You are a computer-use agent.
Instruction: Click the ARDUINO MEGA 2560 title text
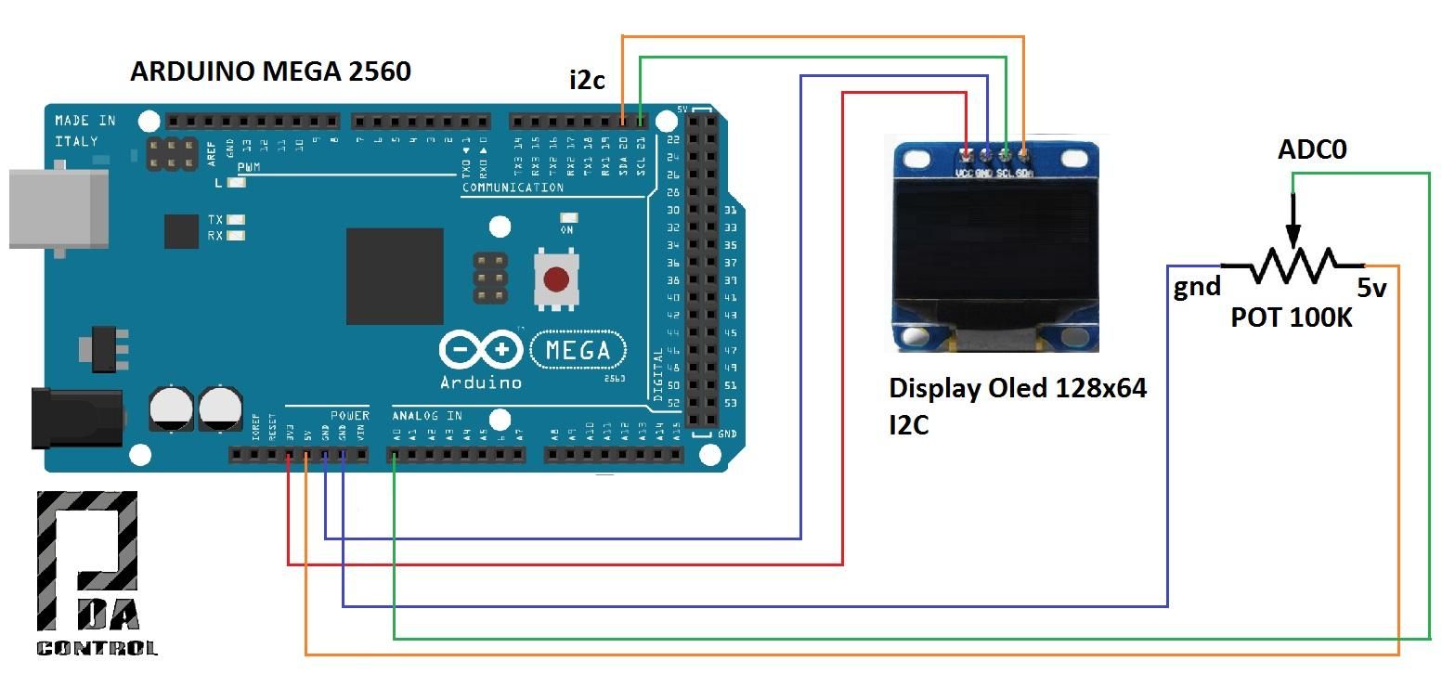point(270,71)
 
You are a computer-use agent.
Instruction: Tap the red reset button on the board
point(555,279)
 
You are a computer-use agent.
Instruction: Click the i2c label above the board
point(587,81)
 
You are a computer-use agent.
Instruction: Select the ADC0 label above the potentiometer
point(1312,149)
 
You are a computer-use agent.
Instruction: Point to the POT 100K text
point(1291,318)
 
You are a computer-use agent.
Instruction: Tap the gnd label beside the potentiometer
point(1197,287)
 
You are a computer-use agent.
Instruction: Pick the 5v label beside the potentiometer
point(1371,288)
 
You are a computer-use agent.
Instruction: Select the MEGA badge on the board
point(578,351)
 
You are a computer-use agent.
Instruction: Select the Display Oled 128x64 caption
point(1018,388)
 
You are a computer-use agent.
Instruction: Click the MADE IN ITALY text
point(84,130)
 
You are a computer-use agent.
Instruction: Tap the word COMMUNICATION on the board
point(513,188)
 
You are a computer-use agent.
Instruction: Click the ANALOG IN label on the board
point(427,415)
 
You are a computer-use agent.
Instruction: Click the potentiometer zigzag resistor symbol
point(1292,266)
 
